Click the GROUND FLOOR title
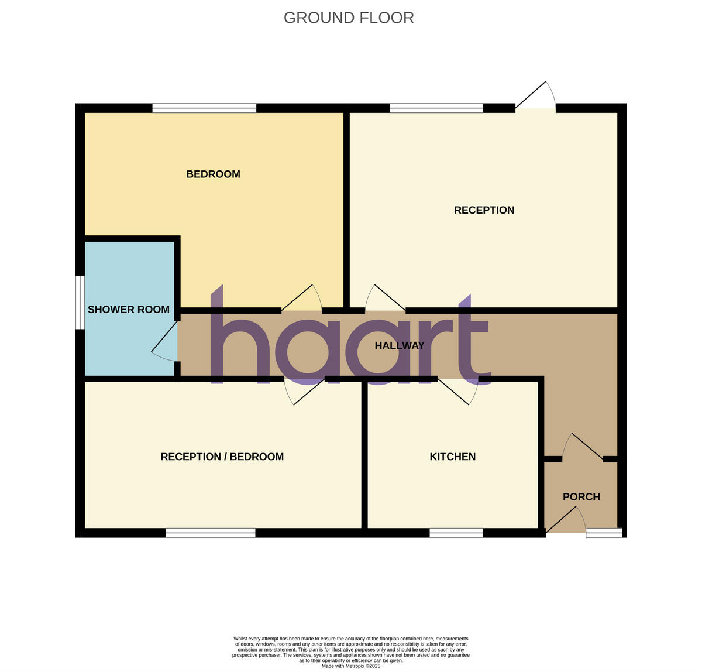click(349, 18)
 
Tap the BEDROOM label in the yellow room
click(213, 174)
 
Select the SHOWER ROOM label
click(129, 310)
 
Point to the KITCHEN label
click(452, 457)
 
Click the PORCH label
click(581, 497)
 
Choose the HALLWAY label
click(400, 345)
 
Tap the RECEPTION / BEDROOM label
click(222, 457)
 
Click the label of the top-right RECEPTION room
click(484, 210)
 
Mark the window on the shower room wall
click(80, 302)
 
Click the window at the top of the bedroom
click(204, 108)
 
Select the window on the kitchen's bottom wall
click(456, 533)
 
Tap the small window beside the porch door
click(604, 533)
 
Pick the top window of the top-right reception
click(436, 108)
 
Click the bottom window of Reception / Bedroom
click(211, 533)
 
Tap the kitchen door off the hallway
click(459, 390)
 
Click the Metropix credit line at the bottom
click(351, 666)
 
